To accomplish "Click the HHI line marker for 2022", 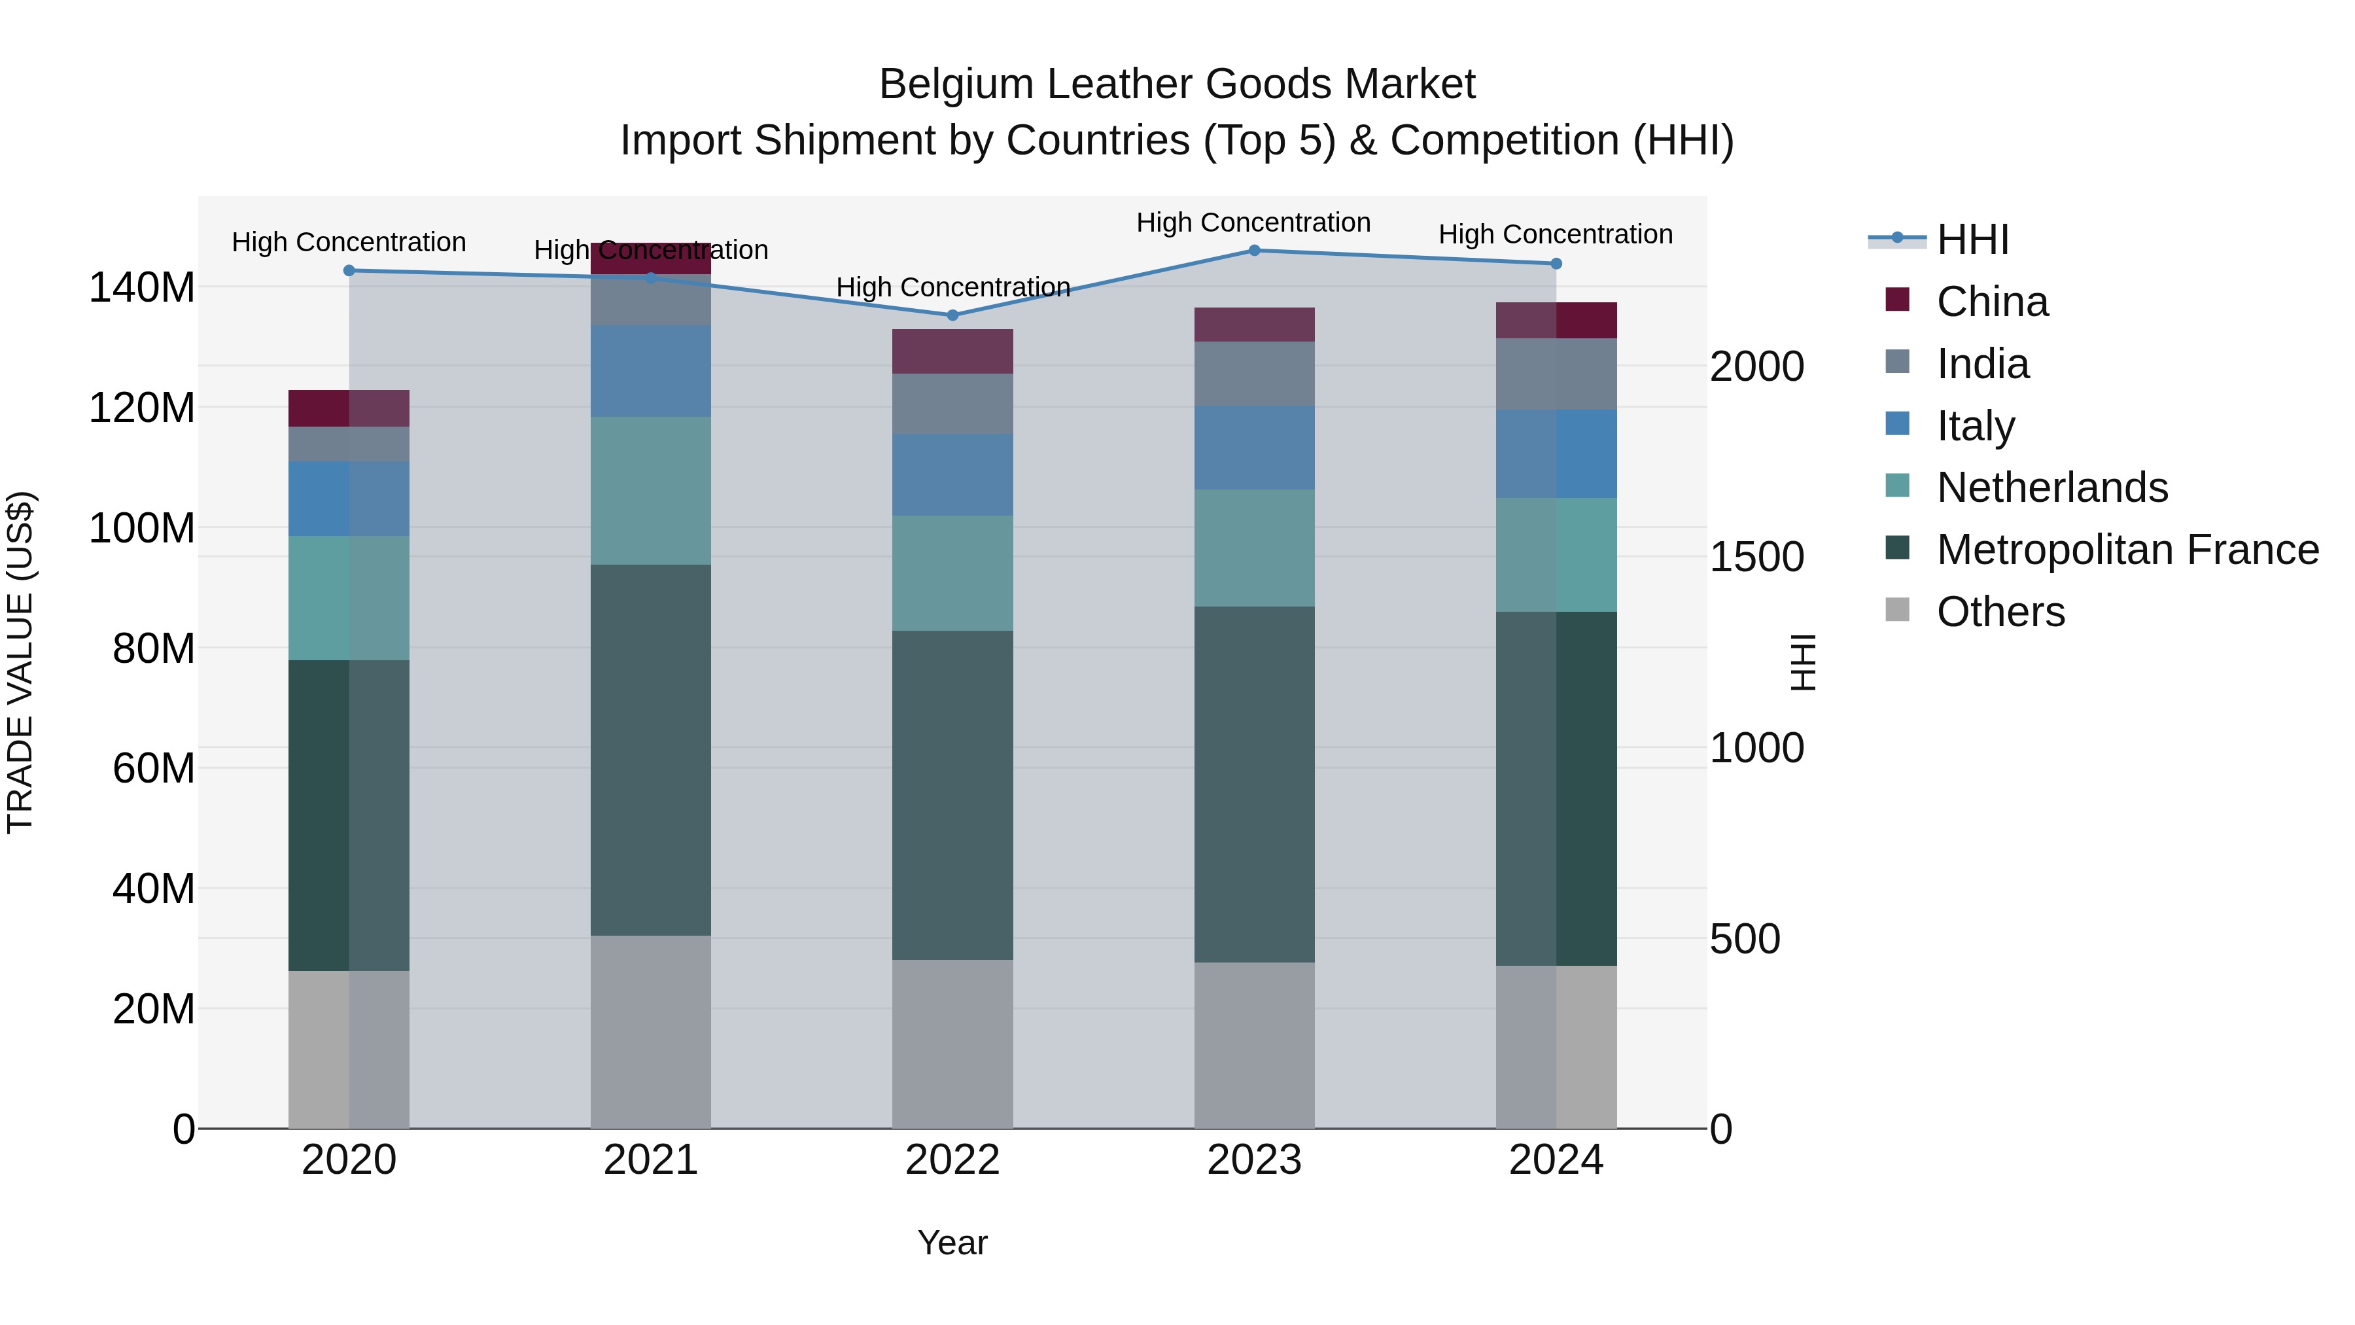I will (x=952, y=315).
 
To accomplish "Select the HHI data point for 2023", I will (x=1254, y=251).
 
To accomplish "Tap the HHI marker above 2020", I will (x=349, y=271).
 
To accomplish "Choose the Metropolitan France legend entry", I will (x=2127, y=550).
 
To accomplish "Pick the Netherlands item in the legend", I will (x=2051, y=487).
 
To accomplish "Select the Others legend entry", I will (x=2000, y=612).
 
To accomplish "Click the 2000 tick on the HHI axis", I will (x=1757, y=366).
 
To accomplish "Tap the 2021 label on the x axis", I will (x=651, y=1160).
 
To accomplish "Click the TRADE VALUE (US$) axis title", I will (x=21, y=662).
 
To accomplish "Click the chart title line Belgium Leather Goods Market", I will (x=1177, y=84).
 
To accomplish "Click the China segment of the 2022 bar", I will (x=952, y=351).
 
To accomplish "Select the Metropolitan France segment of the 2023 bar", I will (x=1254, y=784).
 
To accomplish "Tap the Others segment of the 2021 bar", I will (x=651, y=1031).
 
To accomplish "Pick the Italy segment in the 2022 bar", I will (x=952, y=474).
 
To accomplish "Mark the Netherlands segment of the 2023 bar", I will (x=1254, y=548).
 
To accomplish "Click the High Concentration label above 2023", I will (x=1253, y=222).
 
